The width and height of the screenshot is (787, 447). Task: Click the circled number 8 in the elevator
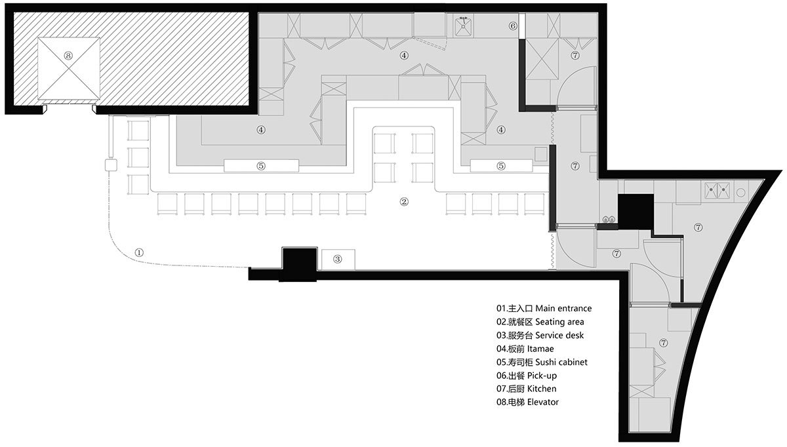tap(68, 56)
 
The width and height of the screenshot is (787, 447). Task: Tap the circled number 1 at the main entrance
tap(140, 252)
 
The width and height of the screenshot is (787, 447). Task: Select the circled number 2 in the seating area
tap(405, 202)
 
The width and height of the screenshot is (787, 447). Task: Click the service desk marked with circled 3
tap(338, 260)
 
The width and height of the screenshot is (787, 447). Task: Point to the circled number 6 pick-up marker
tap(513, 26)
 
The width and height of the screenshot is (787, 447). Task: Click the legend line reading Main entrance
tap(544, 308)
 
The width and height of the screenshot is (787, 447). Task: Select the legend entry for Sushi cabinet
tap(542, 362)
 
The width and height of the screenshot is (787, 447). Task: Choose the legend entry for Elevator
tap(527, 402)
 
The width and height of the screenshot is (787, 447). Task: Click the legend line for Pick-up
tap(527, 376)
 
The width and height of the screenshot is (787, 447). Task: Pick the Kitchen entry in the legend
tap(526, 389)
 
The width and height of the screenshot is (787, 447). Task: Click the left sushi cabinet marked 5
tap(262, 166)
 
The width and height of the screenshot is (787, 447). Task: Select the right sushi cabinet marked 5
tap(501, 166)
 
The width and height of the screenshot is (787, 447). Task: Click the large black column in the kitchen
tap(636, 212)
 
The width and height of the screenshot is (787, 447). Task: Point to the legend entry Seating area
tap(540, 322)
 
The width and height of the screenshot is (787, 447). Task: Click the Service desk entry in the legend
tap(540, 336)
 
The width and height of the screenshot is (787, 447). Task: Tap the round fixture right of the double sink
tap(741, 193)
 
